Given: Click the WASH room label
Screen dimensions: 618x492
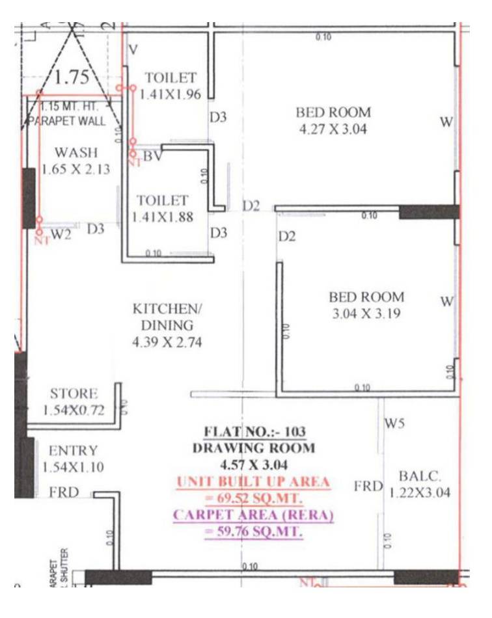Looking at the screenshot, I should (76, 153).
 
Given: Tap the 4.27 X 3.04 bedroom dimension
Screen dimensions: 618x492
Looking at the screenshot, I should (333, 129).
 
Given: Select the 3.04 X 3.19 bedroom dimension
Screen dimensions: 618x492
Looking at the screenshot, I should (366, 314).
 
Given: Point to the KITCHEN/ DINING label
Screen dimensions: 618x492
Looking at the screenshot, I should (162, 316).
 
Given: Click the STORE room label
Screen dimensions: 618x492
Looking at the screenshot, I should (74, 394).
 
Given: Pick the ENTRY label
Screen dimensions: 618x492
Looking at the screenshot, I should (73, 451).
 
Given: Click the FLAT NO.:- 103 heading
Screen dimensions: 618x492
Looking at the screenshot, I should (254, 431).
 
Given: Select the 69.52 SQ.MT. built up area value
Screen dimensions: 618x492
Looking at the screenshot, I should (254, 499).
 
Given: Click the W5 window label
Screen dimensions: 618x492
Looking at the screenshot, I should (395, 425).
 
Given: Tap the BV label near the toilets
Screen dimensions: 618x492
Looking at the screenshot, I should (152, 156).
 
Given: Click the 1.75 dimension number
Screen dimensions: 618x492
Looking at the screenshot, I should (72, 77).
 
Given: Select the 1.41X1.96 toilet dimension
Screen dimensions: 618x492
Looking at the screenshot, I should (171, 94).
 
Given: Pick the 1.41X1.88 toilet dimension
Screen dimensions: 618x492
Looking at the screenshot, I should (163, 217).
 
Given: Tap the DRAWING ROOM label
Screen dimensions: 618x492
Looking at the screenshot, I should (254, 448).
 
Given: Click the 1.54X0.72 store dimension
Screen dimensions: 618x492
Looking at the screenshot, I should (74, 410).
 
